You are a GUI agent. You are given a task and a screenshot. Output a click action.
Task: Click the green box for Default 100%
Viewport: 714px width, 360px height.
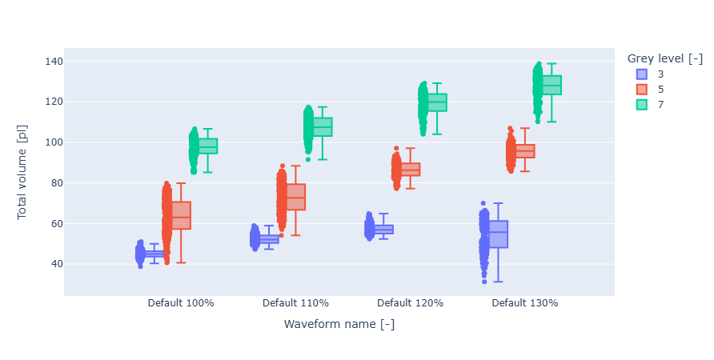[x=208, y=146]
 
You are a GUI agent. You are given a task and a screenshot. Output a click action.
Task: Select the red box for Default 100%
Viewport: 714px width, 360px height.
[x=181, y=215]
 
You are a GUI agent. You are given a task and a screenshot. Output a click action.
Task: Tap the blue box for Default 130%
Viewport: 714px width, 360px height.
[x=499, y=234]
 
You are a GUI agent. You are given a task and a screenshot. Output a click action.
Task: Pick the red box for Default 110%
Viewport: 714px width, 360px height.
[x=295, y=197]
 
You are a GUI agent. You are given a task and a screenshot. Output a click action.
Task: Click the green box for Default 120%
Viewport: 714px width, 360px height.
[x=437, y=102]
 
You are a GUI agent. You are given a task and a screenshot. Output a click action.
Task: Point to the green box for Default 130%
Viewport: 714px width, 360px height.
[x=552, y=85]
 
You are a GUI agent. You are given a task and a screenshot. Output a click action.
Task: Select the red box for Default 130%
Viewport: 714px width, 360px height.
[x=525, y=151]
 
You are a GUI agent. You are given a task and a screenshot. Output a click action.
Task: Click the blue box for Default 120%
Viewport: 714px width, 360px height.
[x=384, y=230]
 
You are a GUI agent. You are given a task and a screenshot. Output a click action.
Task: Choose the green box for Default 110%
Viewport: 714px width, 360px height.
[x=323, y=126]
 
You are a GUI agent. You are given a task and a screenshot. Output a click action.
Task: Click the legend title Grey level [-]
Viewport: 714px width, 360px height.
[x=664, y=58]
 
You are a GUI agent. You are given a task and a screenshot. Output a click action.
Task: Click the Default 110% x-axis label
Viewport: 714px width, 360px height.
[x=295, y=303]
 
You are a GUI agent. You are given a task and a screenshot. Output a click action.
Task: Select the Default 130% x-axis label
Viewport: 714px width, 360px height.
[x=524, y=303]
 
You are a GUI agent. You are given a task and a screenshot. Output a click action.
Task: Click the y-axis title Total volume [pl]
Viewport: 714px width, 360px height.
[x=22, y=178]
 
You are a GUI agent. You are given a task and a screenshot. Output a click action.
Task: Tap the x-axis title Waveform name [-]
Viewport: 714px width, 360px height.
[x=339, y=324]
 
